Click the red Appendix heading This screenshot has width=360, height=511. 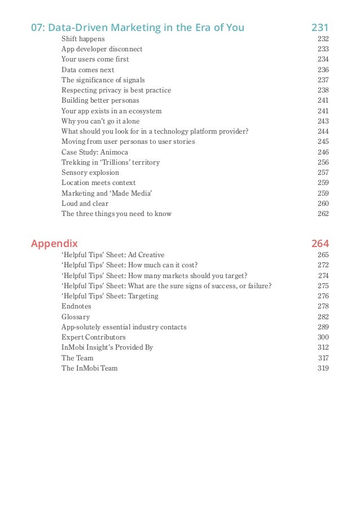coord(54,244)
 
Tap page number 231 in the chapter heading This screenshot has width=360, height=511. coord(320,27)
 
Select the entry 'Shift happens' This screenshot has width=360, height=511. coord(83,39)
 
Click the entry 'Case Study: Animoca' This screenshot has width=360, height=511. coord(95,152)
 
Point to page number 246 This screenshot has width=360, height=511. coord(323,152)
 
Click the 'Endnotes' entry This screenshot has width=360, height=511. coord(76,306)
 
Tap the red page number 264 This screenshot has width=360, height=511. coord(320,244)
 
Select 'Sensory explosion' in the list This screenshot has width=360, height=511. coord(90,173)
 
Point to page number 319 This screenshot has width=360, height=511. coord(323,368)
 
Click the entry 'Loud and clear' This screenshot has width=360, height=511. coord(85,204)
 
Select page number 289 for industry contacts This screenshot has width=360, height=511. coord(323,327)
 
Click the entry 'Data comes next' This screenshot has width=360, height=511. coord(88,70)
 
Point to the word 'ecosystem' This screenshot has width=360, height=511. coord(144,111)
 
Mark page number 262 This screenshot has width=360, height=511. coord(323,214)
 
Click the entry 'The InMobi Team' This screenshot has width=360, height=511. coord(90,368)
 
